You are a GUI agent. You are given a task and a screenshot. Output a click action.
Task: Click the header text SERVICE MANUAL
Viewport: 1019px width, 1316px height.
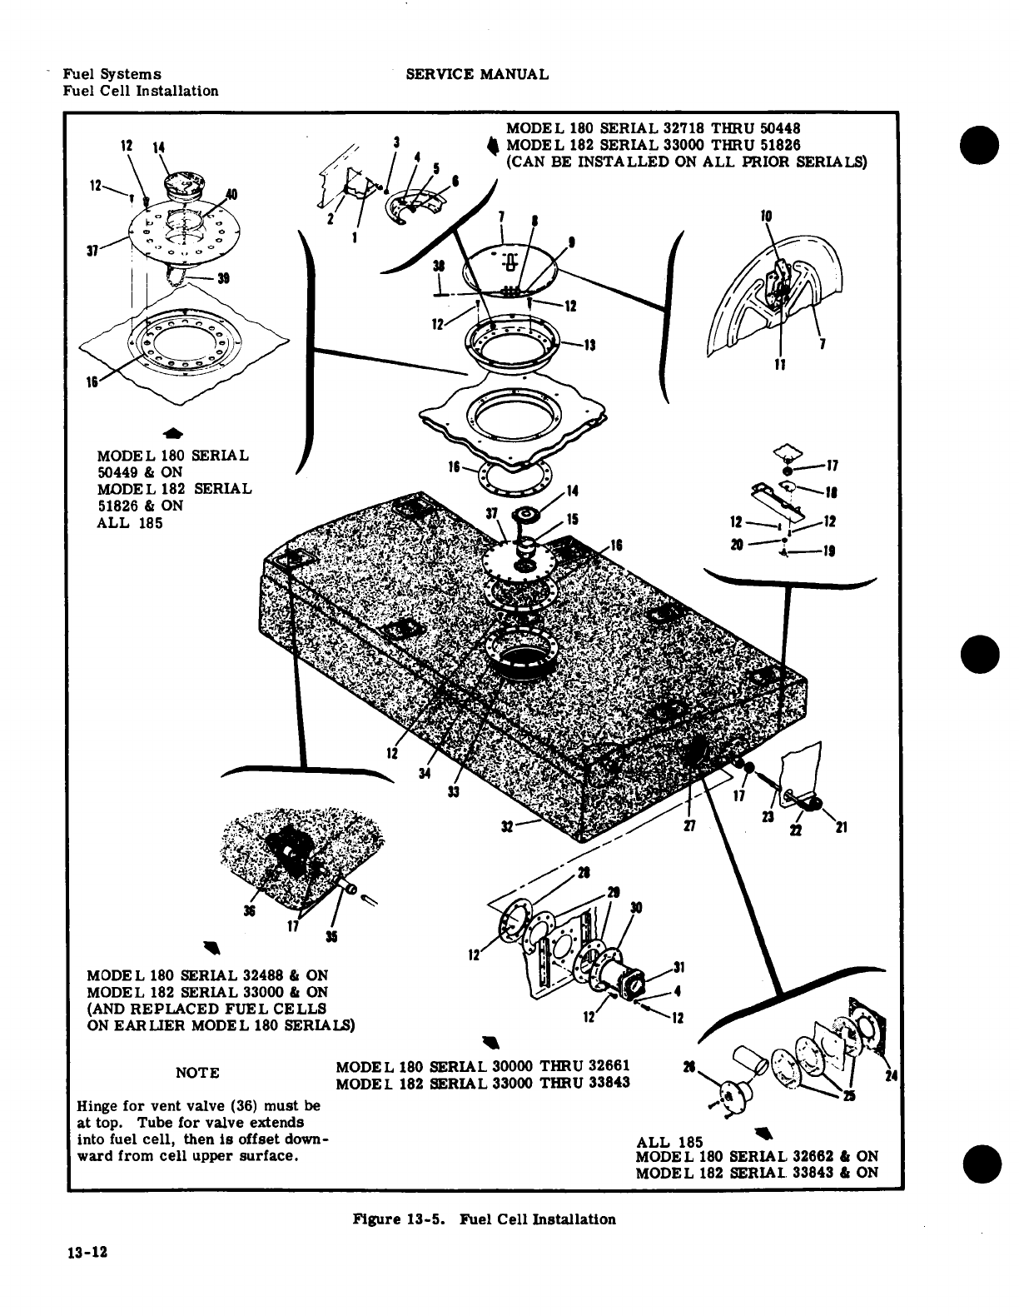pos(476,74)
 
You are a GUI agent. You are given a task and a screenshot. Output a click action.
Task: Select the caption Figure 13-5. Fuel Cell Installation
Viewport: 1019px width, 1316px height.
pos(485,1219)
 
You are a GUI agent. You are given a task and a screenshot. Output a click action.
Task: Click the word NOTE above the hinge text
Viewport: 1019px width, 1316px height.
pos(197,1073)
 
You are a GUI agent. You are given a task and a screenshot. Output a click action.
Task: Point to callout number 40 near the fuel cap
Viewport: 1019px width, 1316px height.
pos(231,195)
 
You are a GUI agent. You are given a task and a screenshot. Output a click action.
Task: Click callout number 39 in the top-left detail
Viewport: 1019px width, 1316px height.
pos(222,278)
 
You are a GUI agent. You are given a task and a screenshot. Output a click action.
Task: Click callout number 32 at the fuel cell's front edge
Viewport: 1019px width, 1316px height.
pos(507,826)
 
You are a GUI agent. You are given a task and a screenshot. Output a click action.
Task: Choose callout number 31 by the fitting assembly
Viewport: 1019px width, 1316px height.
pos(679,967)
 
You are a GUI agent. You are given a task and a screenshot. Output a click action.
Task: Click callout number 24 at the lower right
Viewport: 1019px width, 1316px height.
pos(891,1076)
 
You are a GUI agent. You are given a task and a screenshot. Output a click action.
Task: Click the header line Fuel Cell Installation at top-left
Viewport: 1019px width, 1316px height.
pos(141,91)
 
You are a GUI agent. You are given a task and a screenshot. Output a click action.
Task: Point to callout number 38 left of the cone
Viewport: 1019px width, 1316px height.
pos(439,266)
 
